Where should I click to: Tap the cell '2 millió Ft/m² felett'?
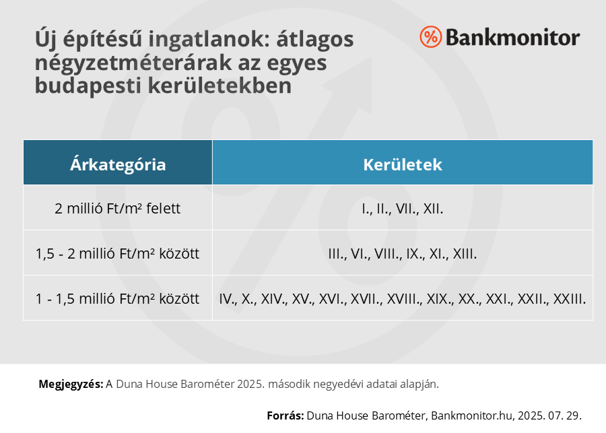pyautogui.click(x=118, y=208)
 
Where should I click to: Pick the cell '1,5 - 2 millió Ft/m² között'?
pyautogui.click(x=118, y=253)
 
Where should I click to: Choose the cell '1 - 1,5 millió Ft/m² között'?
pyautogui.click(x=118, y=298)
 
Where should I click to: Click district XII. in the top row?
pyautogui.click(x=433, y=209)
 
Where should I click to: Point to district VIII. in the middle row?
pyautogui.click(x=388, y=254)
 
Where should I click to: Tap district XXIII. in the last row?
pyautogui.click(x=570, y=299)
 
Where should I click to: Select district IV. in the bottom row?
pyautogui.click(x=228, y=299)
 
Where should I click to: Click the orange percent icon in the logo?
pyautogui.click(x=430, y=37)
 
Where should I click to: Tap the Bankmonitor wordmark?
pyautogui.click(x=513, y=38)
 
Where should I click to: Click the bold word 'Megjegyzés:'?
pyautogui.click(x=71, y=385)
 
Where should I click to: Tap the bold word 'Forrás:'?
pyautogui.click(x=285, y=415)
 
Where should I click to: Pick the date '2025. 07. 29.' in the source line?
pyautogui.click(x=549, y=415)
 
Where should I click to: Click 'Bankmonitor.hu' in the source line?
pyautogui.click(x=473, y=415)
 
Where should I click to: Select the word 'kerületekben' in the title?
pyautogui.click(x=220, y=86)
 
